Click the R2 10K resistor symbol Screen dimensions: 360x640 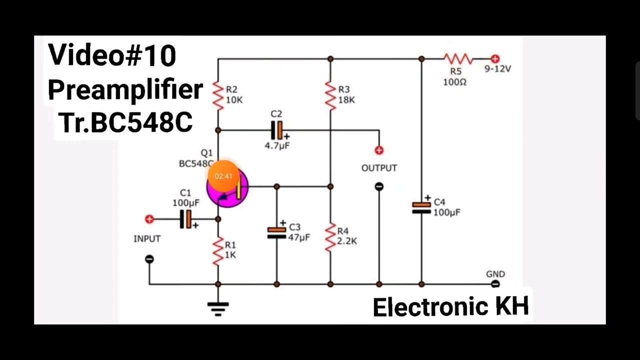coord(218,95)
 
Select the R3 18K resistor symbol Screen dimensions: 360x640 coord(330,95)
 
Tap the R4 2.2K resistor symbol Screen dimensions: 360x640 coord(330,237)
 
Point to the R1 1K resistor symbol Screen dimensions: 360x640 coord(218,251)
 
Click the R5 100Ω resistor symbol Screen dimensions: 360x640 coord(457,59)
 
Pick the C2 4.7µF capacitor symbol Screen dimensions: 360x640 coord(276,130)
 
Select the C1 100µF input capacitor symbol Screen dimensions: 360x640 coord(185,219)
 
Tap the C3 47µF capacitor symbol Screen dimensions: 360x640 coord(276,232)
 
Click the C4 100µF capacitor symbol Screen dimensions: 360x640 coord(421,207)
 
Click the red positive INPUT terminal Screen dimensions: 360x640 coord(149,219)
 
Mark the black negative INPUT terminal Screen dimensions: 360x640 coord(149,259)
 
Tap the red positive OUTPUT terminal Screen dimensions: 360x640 coord(379,150)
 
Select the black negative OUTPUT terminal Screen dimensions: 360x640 coord(379,186)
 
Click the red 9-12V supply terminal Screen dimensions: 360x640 coord(495,59)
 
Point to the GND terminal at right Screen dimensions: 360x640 coord(495,284)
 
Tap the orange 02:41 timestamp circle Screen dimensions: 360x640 coord(223,176)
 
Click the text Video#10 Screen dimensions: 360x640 coord(112,55)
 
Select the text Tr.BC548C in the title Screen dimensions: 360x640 coord(125,122)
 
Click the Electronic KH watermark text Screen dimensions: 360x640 coord(450,307)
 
